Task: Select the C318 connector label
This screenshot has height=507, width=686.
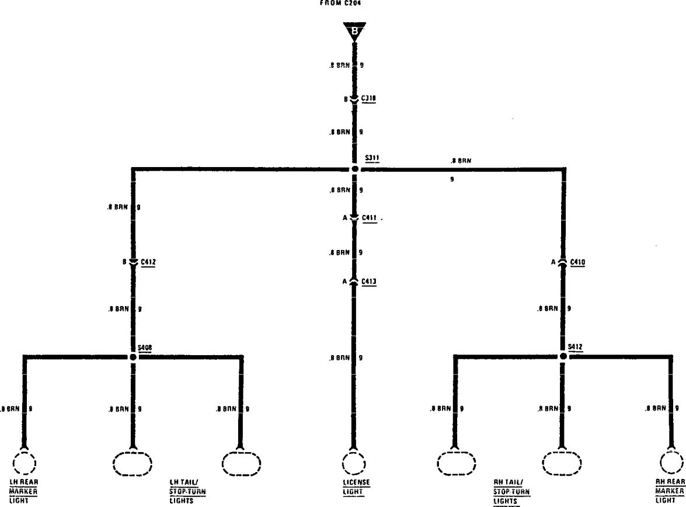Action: pyautogui.click(x=368, y=99)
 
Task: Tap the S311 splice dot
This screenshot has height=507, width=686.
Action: pyautogui.click(x=354, y=169)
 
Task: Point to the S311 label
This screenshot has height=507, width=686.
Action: pyautogui.click(x=372, y=158)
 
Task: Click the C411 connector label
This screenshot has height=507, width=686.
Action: pyautogui.click(x=369, y=218)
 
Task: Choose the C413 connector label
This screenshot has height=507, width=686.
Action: pyautogui.click(x=369, y=282)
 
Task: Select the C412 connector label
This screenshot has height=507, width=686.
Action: pyautogui.click(x=148, y=262)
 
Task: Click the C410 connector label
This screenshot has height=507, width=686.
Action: pyautogui.click(x=578, y=262)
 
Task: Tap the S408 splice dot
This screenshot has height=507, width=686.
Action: pyautogui.click(x=133, y=356)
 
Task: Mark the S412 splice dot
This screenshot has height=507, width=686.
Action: pyautogui.click(x=563, y=356)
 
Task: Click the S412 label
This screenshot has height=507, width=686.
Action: pyautogui.click(x=575, y=346)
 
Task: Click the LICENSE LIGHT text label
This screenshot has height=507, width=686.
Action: pyautogui.click(x=356, y=487)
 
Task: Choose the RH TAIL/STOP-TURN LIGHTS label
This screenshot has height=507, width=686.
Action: pyautogui.click(x=511, y=491)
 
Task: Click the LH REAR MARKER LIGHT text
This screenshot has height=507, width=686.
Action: pyautogui.click(x=23, y=491)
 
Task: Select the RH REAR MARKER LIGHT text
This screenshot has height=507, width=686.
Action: pyautogui.click(x=670, y=491)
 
